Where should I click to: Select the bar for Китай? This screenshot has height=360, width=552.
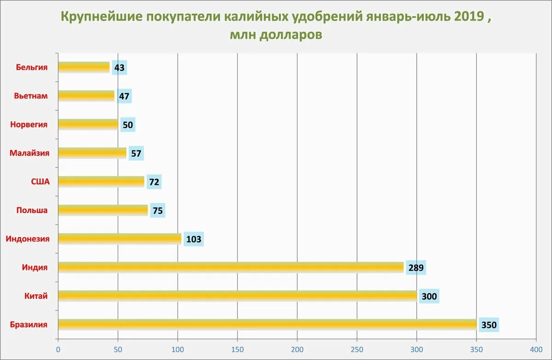coord(237,296)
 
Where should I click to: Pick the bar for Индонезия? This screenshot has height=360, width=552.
coord(120,239)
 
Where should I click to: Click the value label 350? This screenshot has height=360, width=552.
coord(489,325)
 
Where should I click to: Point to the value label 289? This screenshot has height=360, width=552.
coord(416,268)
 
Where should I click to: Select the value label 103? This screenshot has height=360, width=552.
coord(193,239)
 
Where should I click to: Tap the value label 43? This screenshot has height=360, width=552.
coord(120,68)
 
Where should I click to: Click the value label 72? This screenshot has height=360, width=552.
coord(154,182)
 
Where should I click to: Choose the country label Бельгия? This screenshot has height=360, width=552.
coord(32,67)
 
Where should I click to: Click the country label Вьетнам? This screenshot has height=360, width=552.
coord(30,96)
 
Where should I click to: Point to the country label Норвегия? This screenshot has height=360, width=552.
coord(29,125)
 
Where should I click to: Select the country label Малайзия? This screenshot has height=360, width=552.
coord(29,153)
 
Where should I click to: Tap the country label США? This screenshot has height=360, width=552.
coord(40,182)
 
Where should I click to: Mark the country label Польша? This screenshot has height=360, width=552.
coord(32,210)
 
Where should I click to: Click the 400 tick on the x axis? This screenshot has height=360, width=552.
coord(536,349)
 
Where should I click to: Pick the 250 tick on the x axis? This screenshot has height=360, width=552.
coord(357,349)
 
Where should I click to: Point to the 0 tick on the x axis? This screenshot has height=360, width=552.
coord(58,349)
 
